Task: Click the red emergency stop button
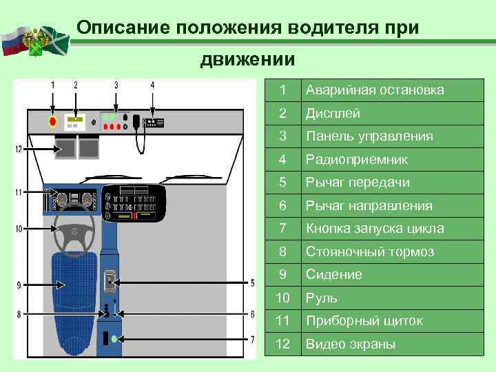(52, 122)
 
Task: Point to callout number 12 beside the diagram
(19, 149)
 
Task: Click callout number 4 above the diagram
(152, 85)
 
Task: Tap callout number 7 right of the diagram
(252, 339)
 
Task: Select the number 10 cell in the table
(282, 298)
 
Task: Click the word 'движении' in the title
(247, 60)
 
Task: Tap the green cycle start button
(114, 339)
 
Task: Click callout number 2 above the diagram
(76, 85)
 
